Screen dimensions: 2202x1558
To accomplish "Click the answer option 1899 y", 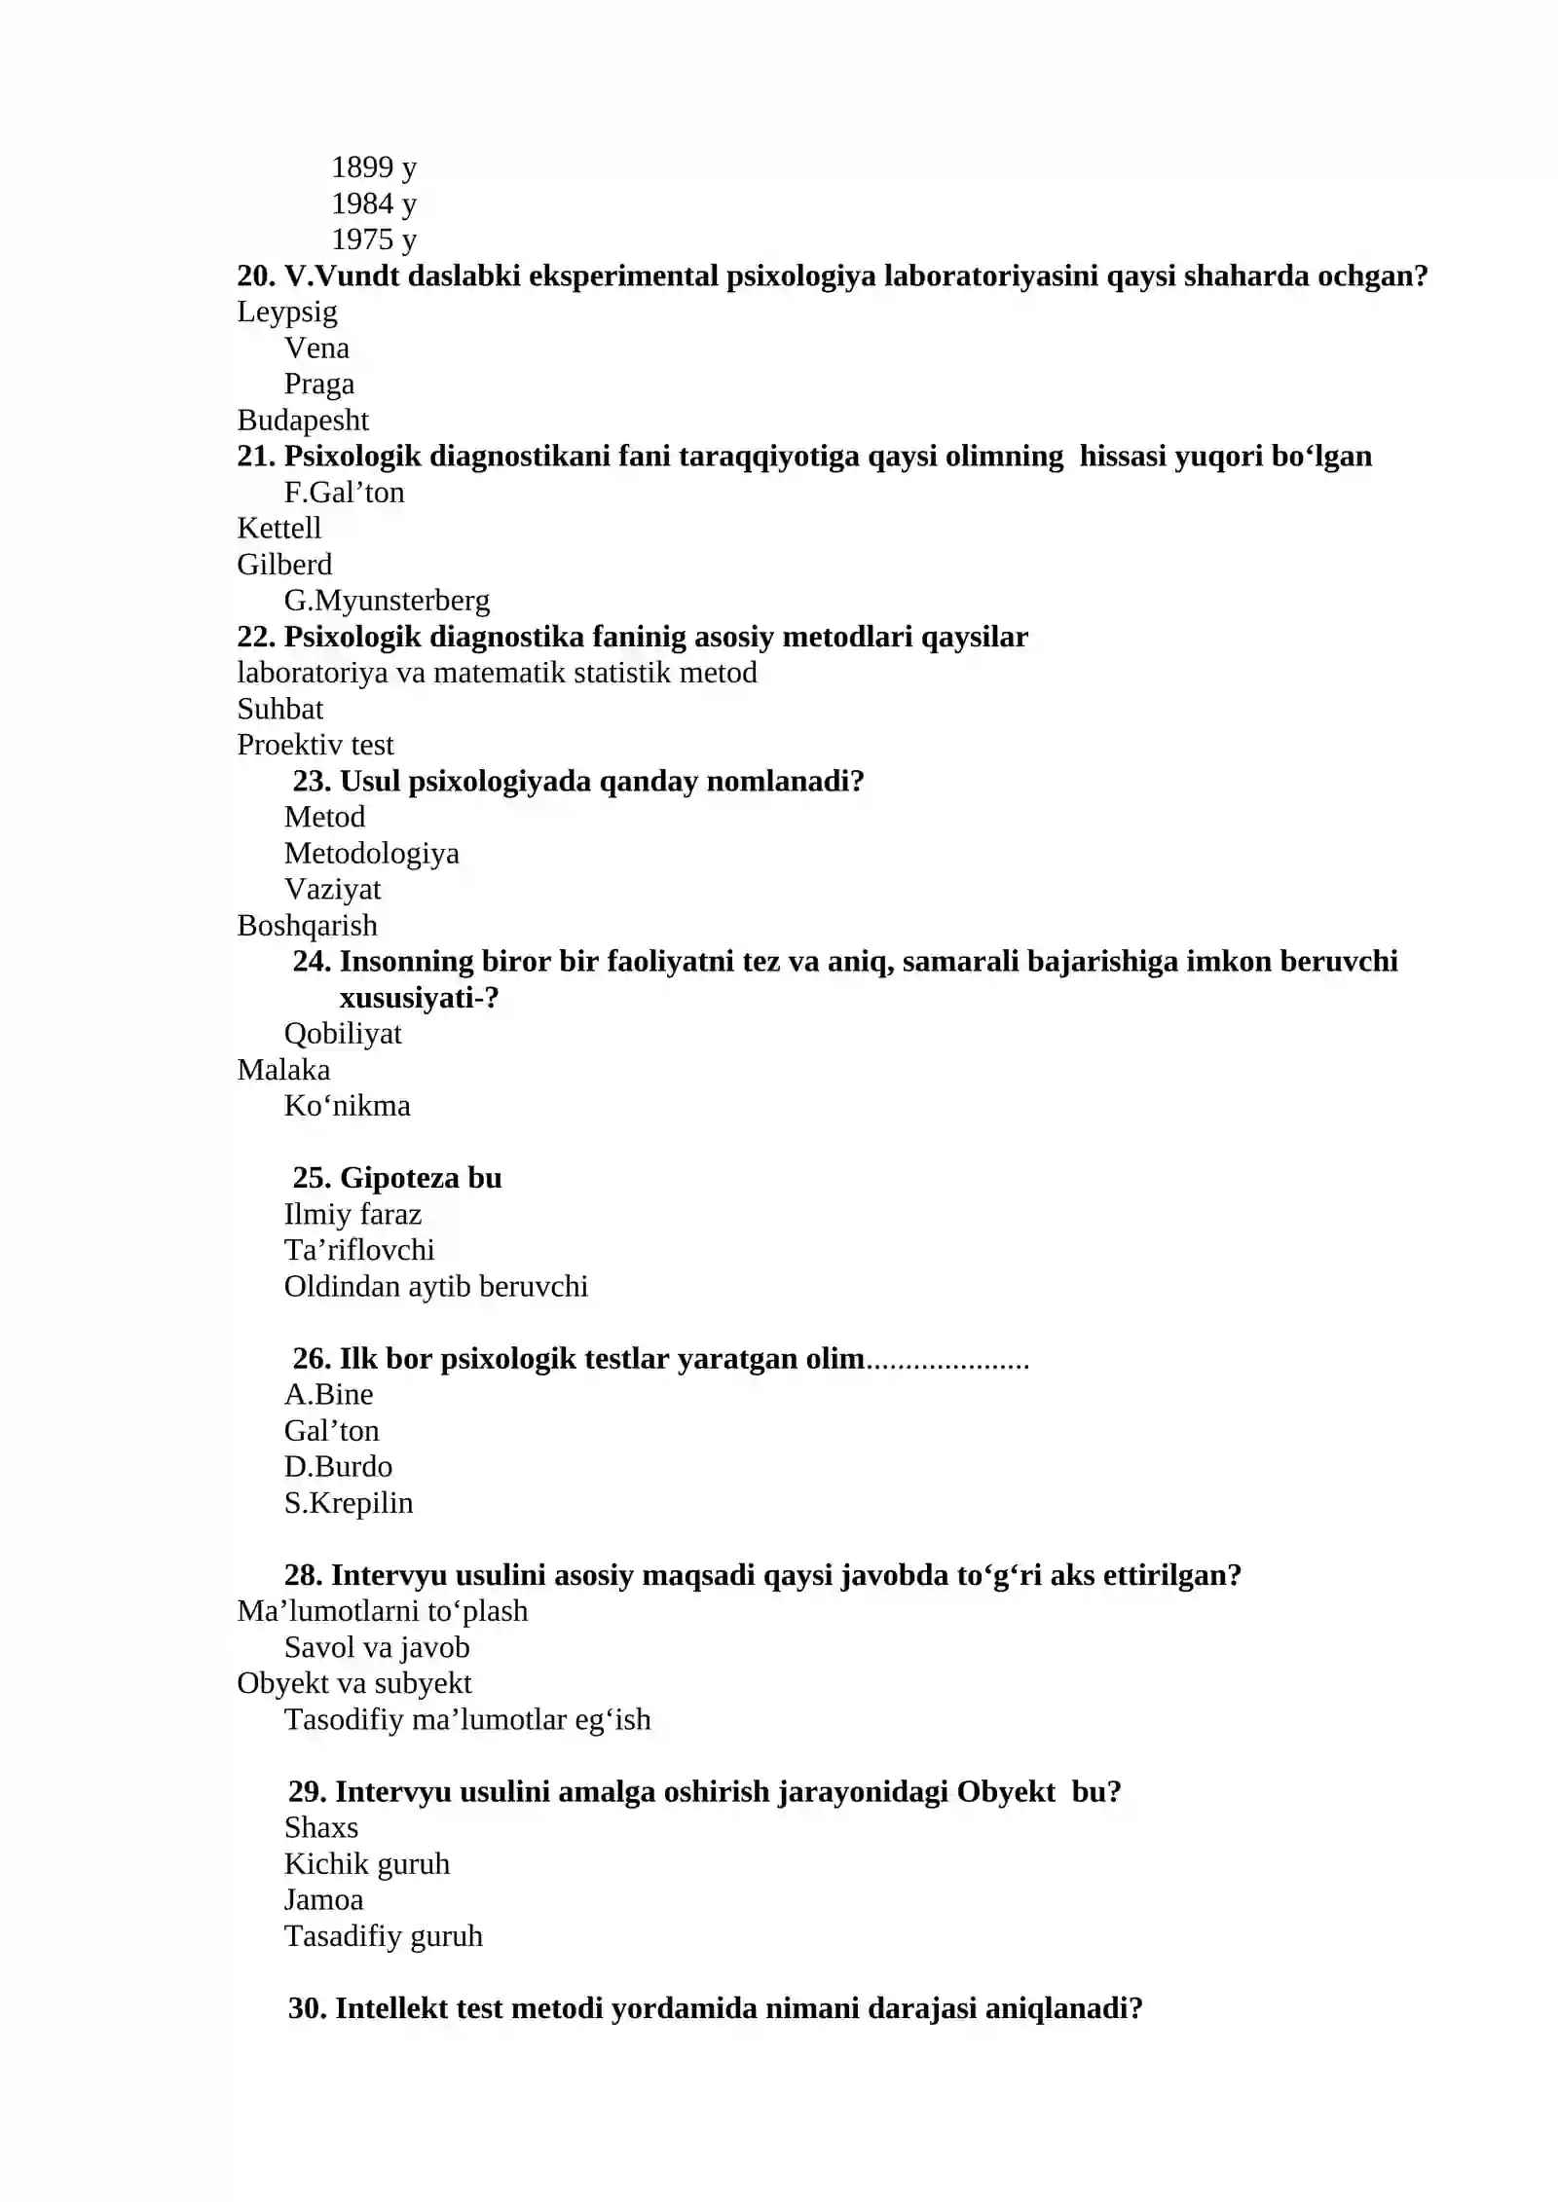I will (373, 167).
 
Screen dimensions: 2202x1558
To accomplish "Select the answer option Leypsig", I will (286, 312).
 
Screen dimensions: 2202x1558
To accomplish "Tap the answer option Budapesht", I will (302, 420).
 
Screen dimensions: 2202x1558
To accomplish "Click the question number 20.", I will (256, 275).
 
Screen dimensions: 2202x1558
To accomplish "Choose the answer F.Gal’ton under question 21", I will (344, 492).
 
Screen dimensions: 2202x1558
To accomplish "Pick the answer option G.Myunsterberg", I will (387, 600).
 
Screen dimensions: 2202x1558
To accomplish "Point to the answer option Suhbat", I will (279, 709).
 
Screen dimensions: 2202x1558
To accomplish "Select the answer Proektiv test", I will (315, 745).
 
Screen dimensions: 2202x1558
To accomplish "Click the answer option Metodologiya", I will (371, 853).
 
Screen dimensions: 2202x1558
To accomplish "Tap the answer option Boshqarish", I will (307, 925).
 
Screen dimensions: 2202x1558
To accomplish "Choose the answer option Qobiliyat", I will (342, 1033).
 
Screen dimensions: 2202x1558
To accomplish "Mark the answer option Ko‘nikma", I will (347, 1105).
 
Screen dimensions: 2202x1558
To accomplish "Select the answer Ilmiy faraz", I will (352, 1214).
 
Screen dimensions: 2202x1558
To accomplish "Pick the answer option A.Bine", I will (328, 1394).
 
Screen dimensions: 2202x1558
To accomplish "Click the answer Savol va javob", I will (376, 1647).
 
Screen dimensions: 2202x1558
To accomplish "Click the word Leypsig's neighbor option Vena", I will (316, 348).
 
